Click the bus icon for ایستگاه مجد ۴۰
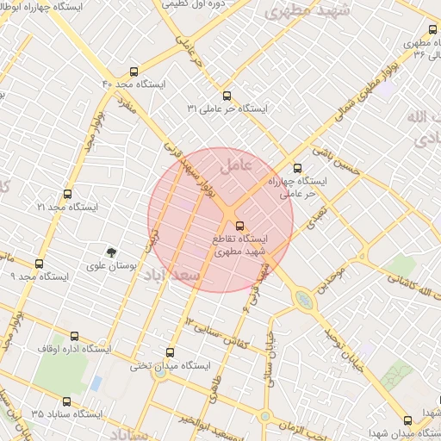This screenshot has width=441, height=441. [134, 71]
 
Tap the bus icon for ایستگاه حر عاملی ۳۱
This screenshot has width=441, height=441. [227, 96]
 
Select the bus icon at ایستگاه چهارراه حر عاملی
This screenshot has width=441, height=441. [298, 168]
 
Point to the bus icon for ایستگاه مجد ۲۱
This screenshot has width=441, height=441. [68, 195]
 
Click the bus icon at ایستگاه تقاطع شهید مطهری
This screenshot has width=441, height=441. [239, 226]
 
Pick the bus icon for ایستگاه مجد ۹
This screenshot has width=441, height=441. [39, 264]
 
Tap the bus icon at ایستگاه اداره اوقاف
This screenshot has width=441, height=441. [74, 337]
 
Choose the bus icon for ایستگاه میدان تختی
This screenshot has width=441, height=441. [169, 352]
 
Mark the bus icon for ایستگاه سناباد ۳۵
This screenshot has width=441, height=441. [68, 401]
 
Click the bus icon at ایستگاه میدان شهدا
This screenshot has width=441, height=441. [407, 420]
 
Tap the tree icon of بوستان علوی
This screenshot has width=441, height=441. [110, 252]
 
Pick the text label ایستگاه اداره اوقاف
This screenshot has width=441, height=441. [74, 350]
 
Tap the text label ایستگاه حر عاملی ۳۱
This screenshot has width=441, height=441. [228, 109]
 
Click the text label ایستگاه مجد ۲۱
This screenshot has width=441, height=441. [68, 208]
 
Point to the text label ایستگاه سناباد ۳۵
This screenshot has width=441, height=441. [67, 414]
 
